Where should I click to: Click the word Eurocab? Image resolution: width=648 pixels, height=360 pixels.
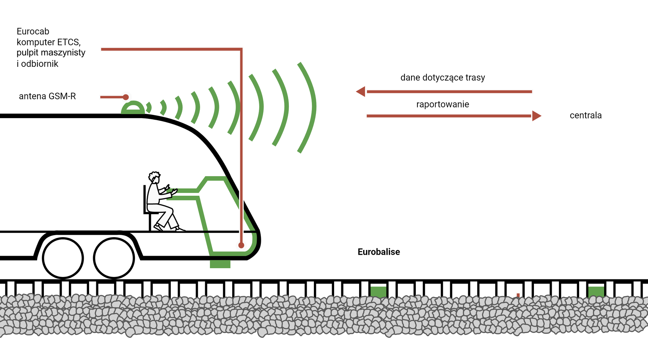33,31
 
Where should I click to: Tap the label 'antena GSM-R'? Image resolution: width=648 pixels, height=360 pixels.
47,96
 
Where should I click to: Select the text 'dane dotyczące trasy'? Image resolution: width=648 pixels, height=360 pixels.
442,78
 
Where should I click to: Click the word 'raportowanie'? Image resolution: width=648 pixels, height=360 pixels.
442,104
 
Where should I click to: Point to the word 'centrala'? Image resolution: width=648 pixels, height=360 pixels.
586,115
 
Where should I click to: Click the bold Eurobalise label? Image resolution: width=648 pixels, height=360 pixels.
379,252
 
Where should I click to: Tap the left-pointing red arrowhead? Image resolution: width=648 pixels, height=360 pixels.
361,91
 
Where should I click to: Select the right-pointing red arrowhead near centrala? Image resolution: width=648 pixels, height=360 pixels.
536,116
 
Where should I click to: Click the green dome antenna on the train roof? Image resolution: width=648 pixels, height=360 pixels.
133,108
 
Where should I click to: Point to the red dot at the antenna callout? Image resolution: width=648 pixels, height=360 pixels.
126,97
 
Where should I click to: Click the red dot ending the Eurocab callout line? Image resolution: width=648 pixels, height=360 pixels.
241,245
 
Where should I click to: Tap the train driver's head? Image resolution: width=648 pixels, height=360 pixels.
154,177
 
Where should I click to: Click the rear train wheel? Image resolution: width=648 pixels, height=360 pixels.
63,258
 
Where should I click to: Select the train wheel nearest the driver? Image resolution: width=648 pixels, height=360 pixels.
114,258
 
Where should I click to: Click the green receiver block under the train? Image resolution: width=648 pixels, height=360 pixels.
220,264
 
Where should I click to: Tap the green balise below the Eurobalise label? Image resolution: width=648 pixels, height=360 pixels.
378,292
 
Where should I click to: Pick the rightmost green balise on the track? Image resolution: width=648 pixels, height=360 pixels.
596,292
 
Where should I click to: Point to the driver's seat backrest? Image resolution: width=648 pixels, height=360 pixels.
145,199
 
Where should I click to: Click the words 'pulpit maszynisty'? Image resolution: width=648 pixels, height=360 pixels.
51,53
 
